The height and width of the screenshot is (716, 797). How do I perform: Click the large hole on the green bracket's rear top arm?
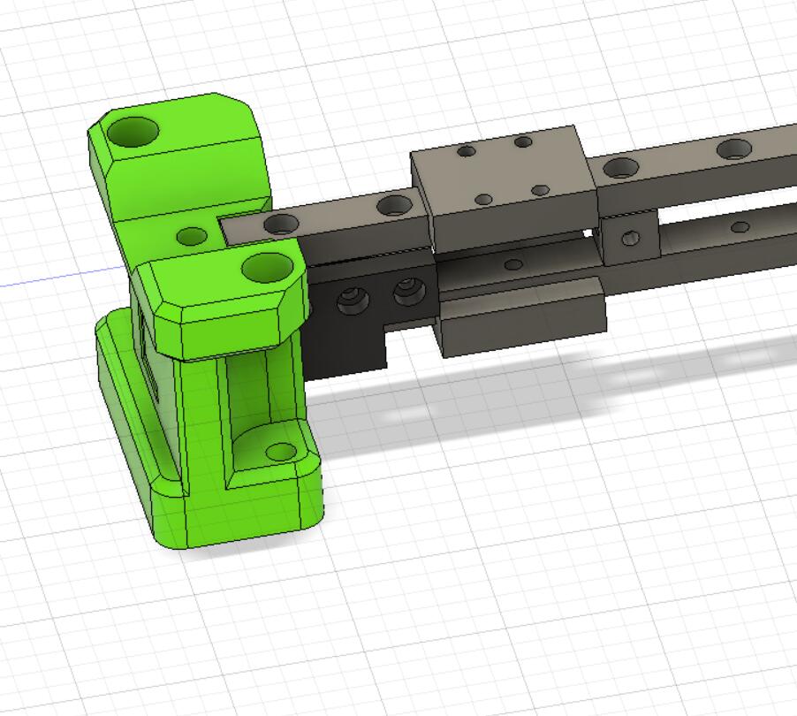tap(133, 132)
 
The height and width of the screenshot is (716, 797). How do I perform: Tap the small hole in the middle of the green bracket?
tap(193, 236)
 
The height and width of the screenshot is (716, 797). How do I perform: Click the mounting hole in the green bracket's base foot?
tap(281, 452)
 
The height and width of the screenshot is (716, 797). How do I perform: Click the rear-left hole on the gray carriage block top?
tap(466, 151)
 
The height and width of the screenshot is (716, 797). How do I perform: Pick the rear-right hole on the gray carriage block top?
tap(523, 141)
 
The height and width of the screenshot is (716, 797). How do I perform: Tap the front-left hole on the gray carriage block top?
tap(483, 200)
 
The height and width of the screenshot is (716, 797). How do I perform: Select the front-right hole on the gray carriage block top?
tap(541, 190)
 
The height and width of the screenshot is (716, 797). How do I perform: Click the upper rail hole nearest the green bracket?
tap(281, 224)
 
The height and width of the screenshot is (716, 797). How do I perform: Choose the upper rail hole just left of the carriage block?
tap(394, 206)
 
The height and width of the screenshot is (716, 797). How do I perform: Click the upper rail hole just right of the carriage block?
tap(622, 167)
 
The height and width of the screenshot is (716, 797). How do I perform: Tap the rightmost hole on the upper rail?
tap(734, 149)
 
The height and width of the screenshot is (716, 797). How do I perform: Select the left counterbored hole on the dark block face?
tap(353, 301)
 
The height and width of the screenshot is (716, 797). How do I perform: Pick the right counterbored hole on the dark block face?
tap(407, 291)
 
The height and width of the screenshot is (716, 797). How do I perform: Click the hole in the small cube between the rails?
tap(630, 238)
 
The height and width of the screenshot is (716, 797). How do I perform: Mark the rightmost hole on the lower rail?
tap(740, 227)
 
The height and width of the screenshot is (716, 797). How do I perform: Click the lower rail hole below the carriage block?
tap(512, 264)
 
